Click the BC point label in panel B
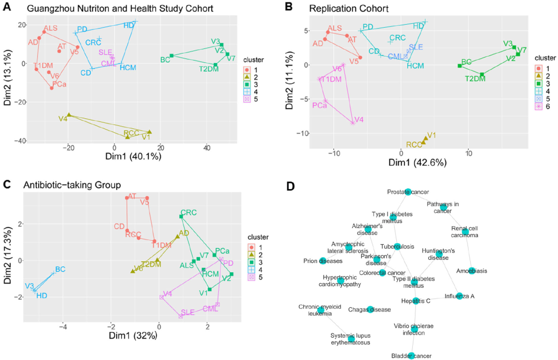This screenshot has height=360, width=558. pos(467,61)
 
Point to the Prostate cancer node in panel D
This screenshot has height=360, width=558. pos(408,192)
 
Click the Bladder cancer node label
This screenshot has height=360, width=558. pos(411,355)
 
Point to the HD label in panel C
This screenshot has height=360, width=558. pos(42,295)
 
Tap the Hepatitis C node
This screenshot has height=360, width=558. pos(416,301)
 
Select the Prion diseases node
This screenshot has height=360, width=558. pos(323,260)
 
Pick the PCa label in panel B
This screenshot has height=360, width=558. pos(319,105)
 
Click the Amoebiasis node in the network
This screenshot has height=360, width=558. pos(472,270)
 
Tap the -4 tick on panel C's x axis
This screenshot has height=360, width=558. pos(64,327)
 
